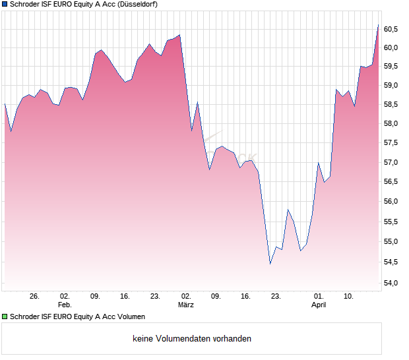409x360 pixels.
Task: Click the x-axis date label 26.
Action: coord(35,297)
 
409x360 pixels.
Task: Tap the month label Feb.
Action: coord(64,305)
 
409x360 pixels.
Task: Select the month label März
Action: coord(186,305)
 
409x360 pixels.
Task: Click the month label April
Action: coord(319,305)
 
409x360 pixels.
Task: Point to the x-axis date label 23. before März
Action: coord(156,297)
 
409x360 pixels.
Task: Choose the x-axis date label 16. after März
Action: coord(246,297)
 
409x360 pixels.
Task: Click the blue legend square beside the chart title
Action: coord(5,4)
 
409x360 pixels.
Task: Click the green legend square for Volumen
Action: coord(5,317)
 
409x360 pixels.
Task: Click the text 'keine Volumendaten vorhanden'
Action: coord(192,339)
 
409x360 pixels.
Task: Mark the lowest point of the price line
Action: coord(270,264)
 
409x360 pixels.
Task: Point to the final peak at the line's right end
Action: coord(378,25)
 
